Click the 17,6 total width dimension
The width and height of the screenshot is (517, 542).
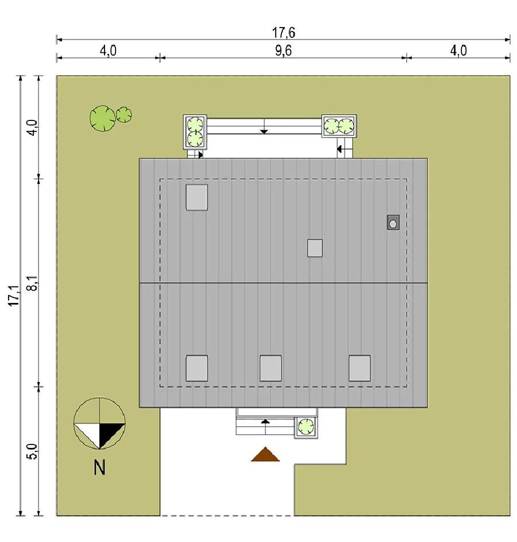click(284, 33)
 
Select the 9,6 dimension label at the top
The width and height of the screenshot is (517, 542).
click(284, 50)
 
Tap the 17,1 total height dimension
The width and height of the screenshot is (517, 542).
click(14, 295)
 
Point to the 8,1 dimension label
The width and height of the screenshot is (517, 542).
click(33, 283)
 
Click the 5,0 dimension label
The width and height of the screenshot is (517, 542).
click(33, 451)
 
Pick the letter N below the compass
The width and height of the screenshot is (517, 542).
click(99, 468)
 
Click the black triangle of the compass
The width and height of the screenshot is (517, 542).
click(111, 435)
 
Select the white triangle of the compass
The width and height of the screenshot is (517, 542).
click(87, 435)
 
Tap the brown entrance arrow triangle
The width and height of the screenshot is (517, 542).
click(265, 455)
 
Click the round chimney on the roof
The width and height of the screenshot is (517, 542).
click(393, 223)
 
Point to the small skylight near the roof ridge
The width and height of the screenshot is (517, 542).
click(315, 248)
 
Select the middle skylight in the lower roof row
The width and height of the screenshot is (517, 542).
click(271, 368)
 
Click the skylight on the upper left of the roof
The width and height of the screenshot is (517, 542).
click(196, 197)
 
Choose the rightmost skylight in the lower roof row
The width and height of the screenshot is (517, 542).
click(360, 368)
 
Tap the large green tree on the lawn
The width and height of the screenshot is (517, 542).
click(102, 118)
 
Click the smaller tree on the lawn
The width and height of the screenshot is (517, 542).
click(124, 115)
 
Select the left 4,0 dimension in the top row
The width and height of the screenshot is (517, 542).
click(109, 51)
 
